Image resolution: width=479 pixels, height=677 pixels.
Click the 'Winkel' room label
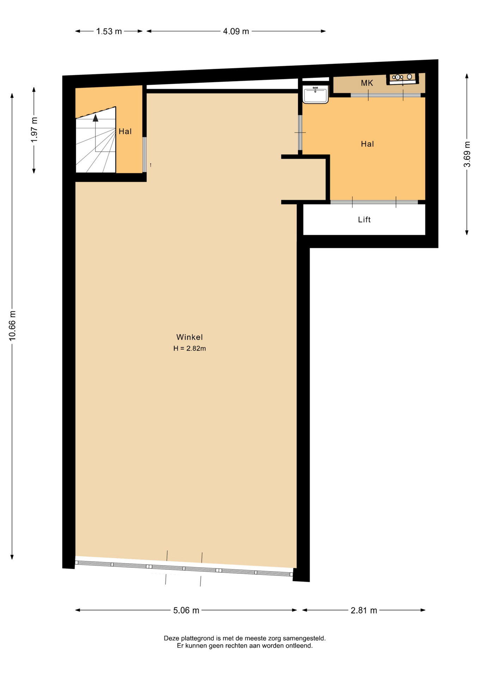189,337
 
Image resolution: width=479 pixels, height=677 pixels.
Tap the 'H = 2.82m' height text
189,348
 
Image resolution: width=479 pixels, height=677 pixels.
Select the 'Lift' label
364,220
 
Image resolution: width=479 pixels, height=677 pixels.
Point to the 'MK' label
367,83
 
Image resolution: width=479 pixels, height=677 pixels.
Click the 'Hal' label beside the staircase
125,132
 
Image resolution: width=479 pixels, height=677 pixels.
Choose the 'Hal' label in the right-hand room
367,144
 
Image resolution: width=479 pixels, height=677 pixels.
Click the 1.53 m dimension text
109,31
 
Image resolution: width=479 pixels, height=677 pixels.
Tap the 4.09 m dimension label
236,31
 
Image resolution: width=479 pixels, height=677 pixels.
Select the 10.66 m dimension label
12,325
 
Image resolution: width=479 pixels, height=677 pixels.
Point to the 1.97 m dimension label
34,130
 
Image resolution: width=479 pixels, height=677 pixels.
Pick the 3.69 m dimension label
467,154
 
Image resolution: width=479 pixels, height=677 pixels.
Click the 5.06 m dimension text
186,610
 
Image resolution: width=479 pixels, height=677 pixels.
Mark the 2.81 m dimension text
364,610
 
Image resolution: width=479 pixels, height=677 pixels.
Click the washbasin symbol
315,94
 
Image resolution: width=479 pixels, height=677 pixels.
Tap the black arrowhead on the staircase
96,118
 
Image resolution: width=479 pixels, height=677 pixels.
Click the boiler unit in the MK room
402,79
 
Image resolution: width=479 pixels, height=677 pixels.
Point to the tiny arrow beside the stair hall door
151,165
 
